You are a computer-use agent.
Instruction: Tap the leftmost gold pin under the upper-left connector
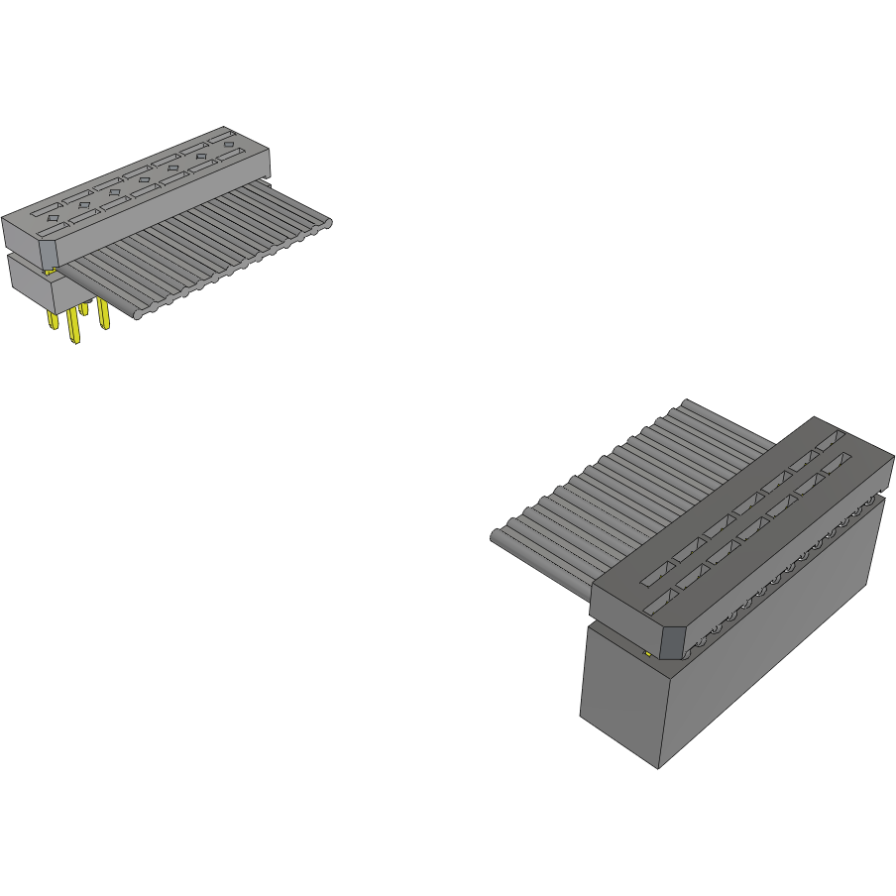[x=53, y=320]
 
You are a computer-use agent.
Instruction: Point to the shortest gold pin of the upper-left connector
[x=84, y=308]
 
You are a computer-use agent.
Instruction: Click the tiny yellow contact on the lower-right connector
[x=647, y=653]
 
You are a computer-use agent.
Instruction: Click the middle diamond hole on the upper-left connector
[x=144, y=180]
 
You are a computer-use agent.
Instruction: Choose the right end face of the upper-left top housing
[x=265, y=159]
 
